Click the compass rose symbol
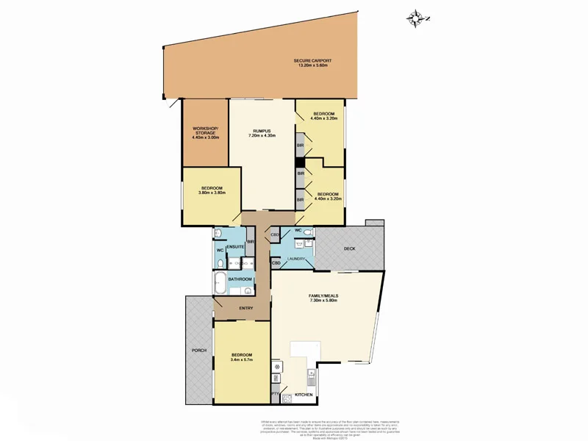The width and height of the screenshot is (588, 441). pos(418,17)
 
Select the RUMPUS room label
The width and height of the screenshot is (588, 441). pos(262,130)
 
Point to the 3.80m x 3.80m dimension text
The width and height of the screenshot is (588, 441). pos(212,193)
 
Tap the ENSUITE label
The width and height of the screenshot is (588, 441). pos(235,246)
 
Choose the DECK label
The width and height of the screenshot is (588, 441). pos(350,249)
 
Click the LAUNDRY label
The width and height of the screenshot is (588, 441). pos(296,259)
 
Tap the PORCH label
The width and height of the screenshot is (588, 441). pos(198,350)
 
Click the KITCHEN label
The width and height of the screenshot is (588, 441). pos(304,395)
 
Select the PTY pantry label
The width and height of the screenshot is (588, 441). pos(275,395)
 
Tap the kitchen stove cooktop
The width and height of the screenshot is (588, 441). pos(276,365)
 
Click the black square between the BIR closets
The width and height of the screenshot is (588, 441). pos(300,162)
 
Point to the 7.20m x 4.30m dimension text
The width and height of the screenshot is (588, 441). pos(262,135)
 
